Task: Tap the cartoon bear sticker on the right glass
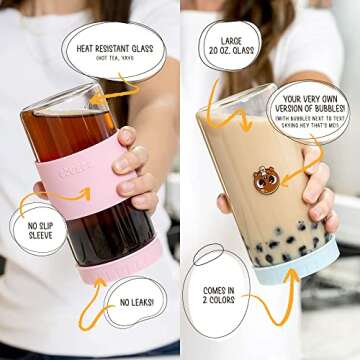point(267,181)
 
